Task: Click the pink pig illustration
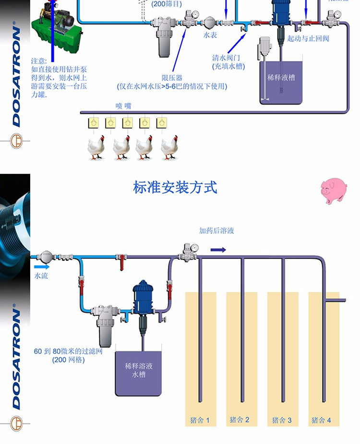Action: [334, 190]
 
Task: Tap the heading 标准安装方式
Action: [175, 187]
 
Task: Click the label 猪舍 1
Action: [201, 420]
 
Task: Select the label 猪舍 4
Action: [321, 420]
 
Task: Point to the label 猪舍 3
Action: [282, 420]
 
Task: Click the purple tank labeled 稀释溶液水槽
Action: [139, 373]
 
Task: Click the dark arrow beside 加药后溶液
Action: [218, 250]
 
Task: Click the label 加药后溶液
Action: [216, 231]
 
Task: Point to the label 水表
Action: [210, 35]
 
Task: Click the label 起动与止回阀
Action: [308, 38]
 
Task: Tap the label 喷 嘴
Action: [123, 106]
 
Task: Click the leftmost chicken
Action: [96, 147]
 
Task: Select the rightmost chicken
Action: [169, 147]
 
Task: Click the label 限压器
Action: [172, 78]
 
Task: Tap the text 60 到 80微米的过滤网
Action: [68, 351]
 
